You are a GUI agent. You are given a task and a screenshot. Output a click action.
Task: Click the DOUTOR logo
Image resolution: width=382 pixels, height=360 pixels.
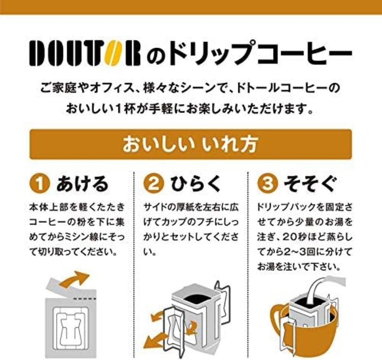click(85, 53)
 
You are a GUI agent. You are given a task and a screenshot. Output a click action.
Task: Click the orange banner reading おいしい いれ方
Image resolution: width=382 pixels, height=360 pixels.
click(191, 144)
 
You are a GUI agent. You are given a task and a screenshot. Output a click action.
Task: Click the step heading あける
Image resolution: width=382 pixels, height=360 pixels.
click(82, 184)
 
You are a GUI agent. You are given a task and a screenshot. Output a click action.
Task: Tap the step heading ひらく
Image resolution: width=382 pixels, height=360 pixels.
click(195, 184)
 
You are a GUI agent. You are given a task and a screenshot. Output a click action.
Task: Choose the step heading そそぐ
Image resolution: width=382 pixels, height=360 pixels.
click(310, 184)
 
